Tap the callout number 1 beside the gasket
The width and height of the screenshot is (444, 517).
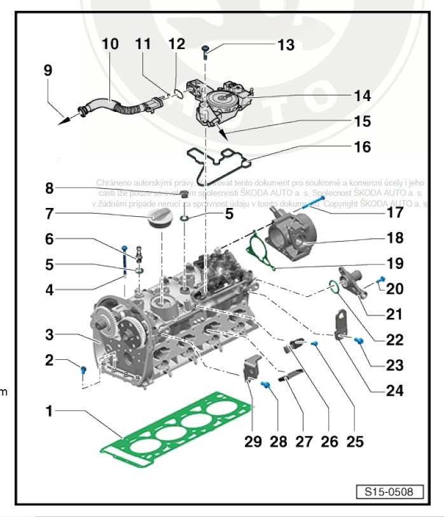click(x=48, y=411)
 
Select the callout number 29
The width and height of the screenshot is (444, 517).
click(x=253, y=441)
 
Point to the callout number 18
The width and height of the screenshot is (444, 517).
click(x=394, y=238)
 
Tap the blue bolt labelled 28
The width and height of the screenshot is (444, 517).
click(x=267, y=385)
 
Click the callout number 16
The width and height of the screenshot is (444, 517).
click(x=361, y=147)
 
